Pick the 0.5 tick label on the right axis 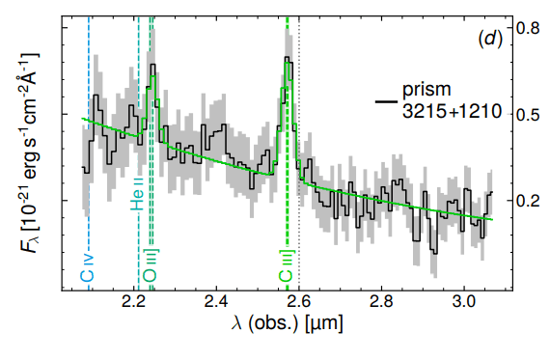point(526,115)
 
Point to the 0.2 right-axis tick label point(526,201)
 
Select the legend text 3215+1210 point(451,112)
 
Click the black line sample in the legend point(387,99)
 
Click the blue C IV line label point(86,270)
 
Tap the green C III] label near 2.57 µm point(287,265)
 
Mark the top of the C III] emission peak point(287,59)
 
